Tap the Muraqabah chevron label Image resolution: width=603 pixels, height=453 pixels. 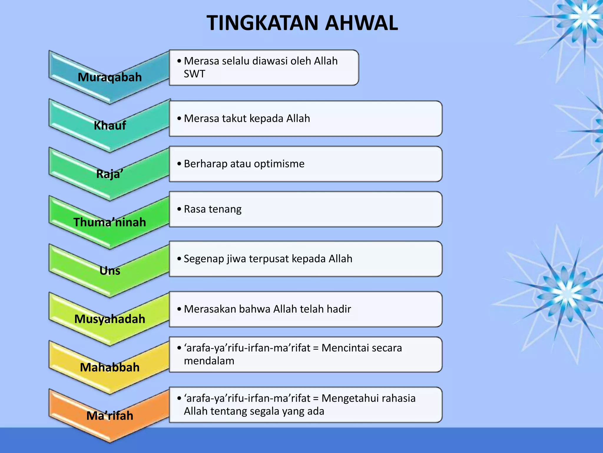coord(110,77)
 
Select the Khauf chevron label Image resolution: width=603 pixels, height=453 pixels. coord(110,126)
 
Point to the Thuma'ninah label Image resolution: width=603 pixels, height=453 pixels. coord(110,222)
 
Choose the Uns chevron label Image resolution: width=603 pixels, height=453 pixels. coord(110,271)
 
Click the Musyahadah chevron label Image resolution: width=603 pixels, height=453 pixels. coord(110,319)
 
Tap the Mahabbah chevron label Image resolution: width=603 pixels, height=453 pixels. coord(110,367)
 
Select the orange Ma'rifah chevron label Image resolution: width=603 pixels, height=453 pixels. coord(110,416)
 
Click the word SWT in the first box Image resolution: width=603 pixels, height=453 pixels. coord(194,74)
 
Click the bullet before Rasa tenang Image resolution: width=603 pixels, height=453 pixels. coord(179,209)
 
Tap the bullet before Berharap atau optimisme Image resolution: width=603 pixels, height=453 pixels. coord(179,164)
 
